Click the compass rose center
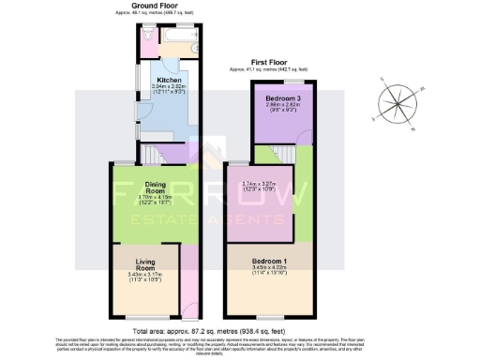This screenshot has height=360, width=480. pyautogui.click(x=398, y=103)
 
